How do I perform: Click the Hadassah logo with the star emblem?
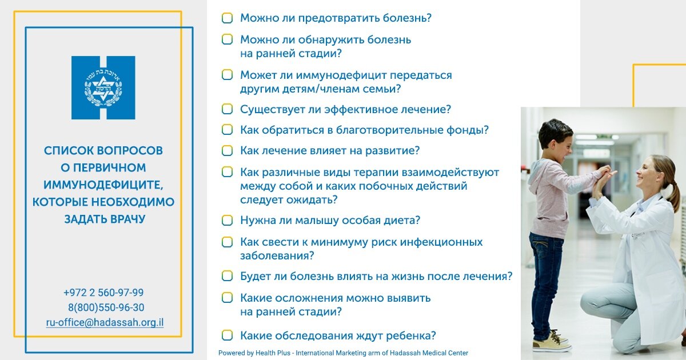click(103, 87)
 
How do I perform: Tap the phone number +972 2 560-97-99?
click(103, 293)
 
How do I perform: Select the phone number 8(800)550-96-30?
click(106, 307)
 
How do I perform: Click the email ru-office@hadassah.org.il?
click(105, 322)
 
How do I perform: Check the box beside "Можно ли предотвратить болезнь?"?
click(227, 18)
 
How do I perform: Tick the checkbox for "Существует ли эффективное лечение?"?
click(227, 109)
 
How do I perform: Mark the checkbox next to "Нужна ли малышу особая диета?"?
click(227, 221)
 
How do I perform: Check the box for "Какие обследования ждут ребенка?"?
click(227, 335)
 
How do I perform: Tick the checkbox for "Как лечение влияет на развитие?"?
click(227, 151)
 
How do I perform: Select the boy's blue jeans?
click(546, 274)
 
